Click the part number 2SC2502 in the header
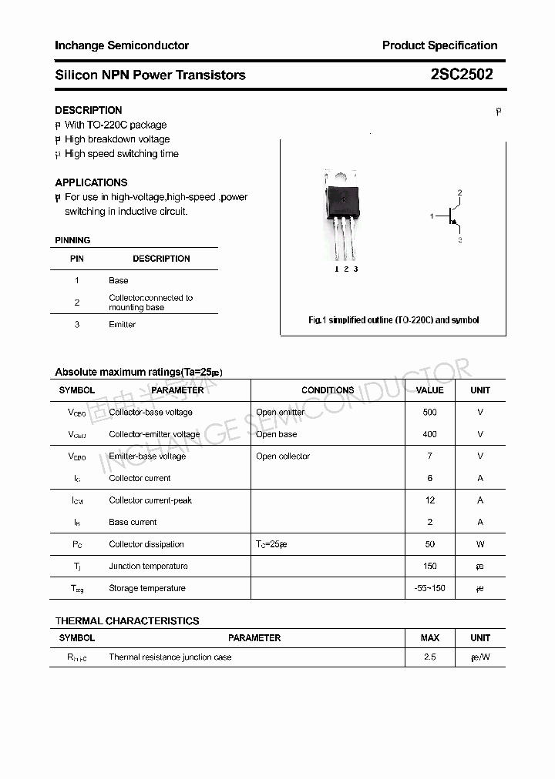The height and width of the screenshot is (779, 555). (x=462, y=75)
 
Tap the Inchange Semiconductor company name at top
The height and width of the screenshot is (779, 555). (x=122, y=45)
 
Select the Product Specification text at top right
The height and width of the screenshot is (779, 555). (x=439, y=45)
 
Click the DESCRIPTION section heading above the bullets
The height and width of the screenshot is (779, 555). (x=89, y=110)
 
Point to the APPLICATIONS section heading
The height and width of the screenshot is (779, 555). (x=91, y=182)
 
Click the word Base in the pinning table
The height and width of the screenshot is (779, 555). (x=119, y=280)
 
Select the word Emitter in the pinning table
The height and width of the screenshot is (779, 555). (x=122, y=324)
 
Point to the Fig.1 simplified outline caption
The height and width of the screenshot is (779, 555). (x=393, y=319)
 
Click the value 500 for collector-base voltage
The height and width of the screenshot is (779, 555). (x=429, y=412)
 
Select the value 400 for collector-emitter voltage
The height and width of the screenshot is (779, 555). (x=429, y=434)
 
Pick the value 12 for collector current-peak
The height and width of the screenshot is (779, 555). (x=429, y=500)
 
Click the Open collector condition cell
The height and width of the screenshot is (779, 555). (x=283, y=456)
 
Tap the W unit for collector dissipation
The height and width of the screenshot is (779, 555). (x=480, y=544)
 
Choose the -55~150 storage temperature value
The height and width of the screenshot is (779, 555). (x=429, y=588)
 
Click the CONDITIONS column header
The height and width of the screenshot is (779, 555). (x=328, y=390)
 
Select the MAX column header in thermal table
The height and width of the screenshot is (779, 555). (x=429, y=637)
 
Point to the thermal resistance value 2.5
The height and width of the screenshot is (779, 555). (x=429, y=657)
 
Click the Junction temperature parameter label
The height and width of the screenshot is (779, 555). (x=148, y=567)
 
